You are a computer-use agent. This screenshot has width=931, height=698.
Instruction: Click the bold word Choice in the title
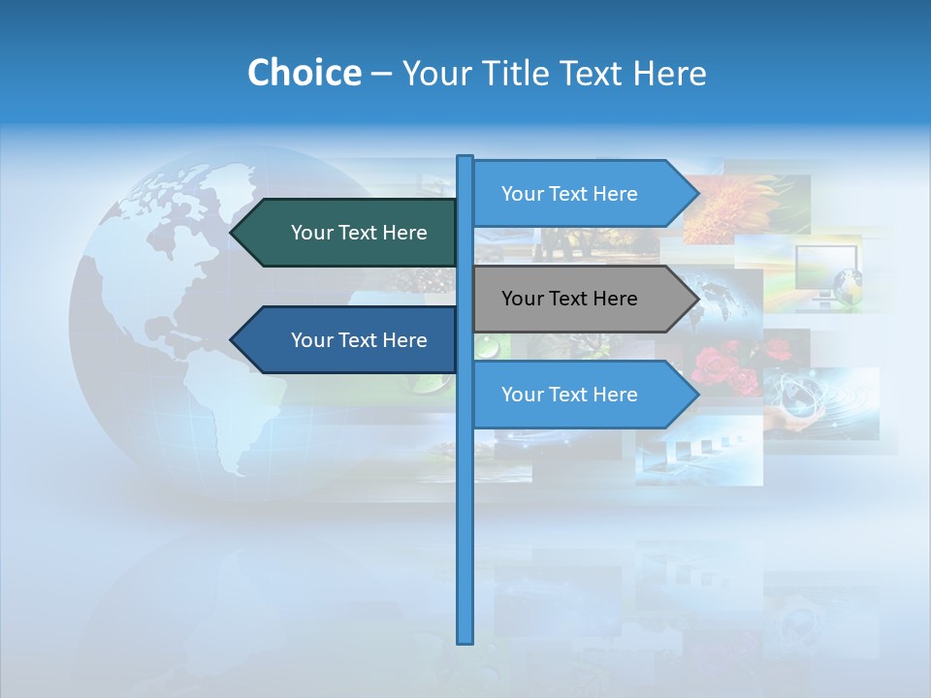click(x=304, y=73)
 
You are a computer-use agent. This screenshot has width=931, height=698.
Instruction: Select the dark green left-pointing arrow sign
click(x=349, y=233)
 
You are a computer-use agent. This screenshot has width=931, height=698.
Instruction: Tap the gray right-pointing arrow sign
click(x=577, y=299)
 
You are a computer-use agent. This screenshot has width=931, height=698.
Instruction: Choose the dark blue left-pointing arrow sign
click(x=349, y=340)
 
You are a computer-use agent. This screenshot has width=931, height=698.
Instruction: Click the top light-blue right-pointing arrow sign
click(x=577, y=194)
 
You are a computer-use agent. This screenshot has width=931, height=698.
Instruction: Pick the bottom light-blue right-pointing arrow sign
click(x=577, y=395)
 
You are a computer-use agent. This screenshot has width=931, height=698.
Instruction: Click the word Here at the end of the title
click(x=669, y=73)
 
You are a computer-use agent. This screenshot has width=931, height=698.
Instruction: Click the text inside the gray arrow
click(x=569, y=299)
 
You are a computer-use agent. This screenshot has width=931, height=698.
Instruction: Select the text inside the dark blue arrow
click(x=359, y=340)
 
